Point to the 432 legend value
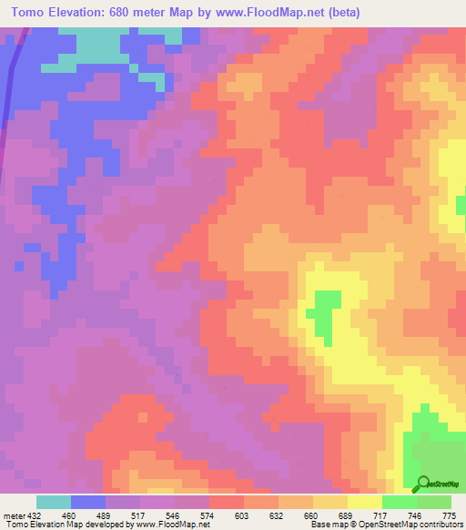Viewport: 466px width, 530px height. click(x=37, y=515)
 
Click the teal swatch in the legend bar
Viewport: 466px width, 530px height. click(x=54, y=502)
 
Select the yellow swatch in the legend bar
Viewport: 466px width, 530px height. click(x=365, y=502)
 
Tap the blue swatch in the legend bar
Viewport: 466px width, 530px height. click(x=88, y=502)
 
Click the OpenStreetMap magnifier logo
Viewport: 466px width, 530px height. click(x=422, y=484)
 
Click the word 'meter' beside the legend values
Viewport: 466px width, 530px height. click(x=14, y=515)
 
